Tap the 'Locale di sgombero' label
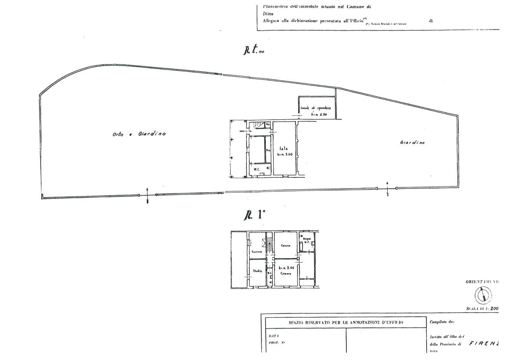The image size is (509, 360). coord(316,108)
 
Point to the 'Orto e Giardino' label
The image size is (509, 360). coord(138,134)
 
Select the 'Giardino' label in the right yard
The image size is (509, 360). coord(412,142)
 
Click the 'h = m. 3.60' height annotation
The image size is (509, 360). coord(285,155)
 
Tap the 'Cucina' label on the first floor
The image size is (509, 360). coord(256,252)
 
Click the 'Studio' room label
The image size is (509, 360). coord(257,271)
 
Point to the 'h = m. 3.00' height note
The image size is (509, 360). coord(286,268)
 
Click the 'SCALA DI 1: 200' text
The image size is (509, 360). coord(482,308)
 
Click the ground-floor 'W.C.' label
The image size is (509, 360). coord(257,170)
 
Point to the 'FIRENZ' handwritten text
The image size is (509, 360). coord(484,344)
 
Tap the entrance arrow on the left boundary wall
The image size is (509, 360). coord(148,195)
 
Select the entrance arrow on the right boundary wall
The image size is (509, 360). coord(387,188)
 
